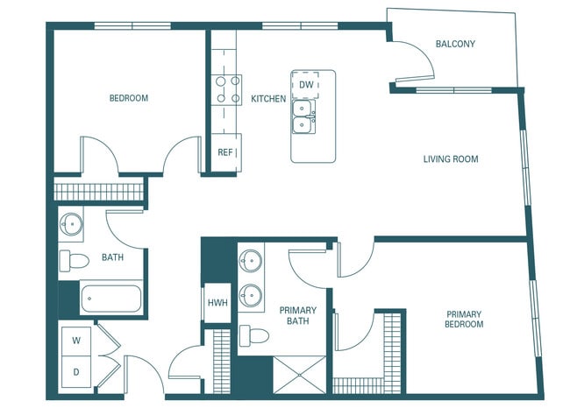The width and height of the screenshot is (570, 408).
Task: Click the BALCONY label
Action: click(x=455, y=44)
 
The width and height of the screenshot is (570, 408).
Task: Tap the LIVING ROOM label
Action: click(x=451, y=159)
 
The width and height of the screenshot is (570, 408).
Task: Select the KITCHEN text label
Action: click(x=268, y=99)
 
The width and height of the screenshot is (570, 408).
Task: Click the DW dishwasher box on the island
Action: click(x=306, y=85)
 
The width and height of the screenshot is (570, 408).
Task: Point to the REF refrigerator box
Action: click(x=225, y=152)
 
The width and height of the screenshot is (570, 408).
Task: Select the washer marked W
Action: click(x=76, y=341)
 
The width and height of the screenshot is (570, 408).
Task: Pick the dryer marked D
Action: click(x=76, y=371)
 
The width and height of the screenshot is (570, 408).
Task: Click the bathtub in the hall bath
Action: click(x=110, y=299)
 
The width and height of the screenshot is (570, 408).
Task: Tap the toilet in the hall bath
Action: click(x=74, y=260)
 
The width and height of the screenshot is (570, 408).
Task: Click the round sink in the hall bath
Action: click(x=71, y=225)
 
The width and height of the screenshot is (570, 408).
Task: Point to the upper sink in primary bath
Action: click(x=252, y=261)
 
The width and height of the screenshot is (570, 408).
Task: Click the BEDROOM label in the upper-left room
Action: click(x=128, y=99)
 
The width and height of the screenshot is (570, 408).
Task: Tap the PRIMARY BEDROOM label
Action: click(x=464, y=320)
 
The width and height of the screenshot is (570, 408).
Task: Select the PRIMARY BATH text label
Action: click(x=297, y=316)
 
